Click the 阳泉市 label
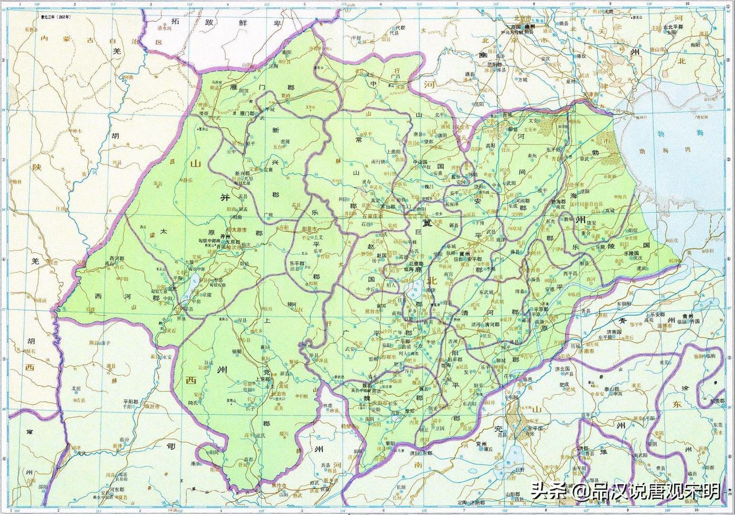308,230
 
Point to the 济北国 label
563,369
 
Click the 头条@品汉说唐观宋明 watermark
625,491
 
